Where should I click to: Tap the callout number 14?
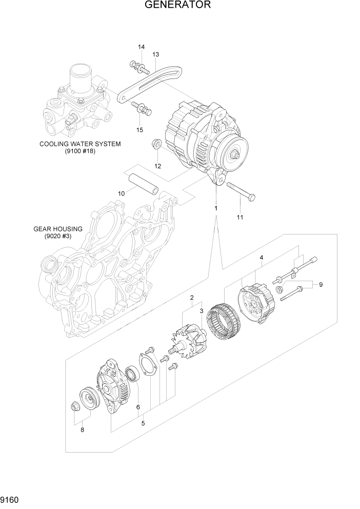pyautogui.click(x=141, y=48)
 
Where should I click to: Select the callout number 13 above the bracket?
pyautogui.click(x=155, y=54)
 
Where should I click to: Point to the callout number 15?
pyautogui.click(x=139, y=130)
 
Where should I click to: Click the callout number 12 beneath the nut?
pyautogui.click(x=157, y=166)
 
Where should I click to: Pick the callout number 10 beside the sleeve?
pyautogui.click(x=122, y=193)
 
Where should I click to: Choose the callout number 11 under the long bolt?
pyautogui.click(x=240, y=217)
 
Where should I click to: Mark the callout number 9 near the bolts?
pyautogui.click(x=321, y=285)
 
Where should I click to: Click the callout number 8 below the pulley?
pyautogui.click(x=82, y=430)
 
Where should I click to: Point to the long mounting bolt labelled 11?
pyautogui.click(x=240, y=191)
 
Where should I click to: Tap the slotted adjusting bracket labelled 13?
pyautogui.click(x=149, y=82)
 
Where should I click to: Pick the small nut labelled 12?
pyautogui.click(x=157, y=145)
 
